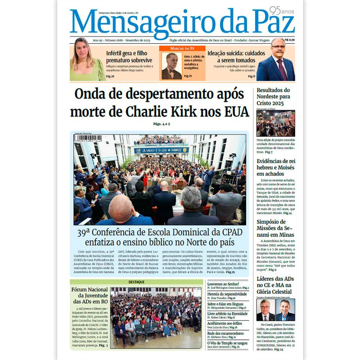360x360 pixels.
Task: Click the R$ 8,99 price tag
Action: coord(290,40)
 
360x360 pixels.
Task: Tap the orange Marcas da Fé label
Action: coord(182,48)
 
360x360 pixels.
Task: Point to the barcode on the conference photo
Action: coord(88,139)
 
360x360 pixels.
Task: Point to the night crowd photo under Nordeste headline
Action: coord(275,123)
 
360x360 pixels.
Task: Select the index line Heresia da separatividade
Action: coord(227,293)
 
